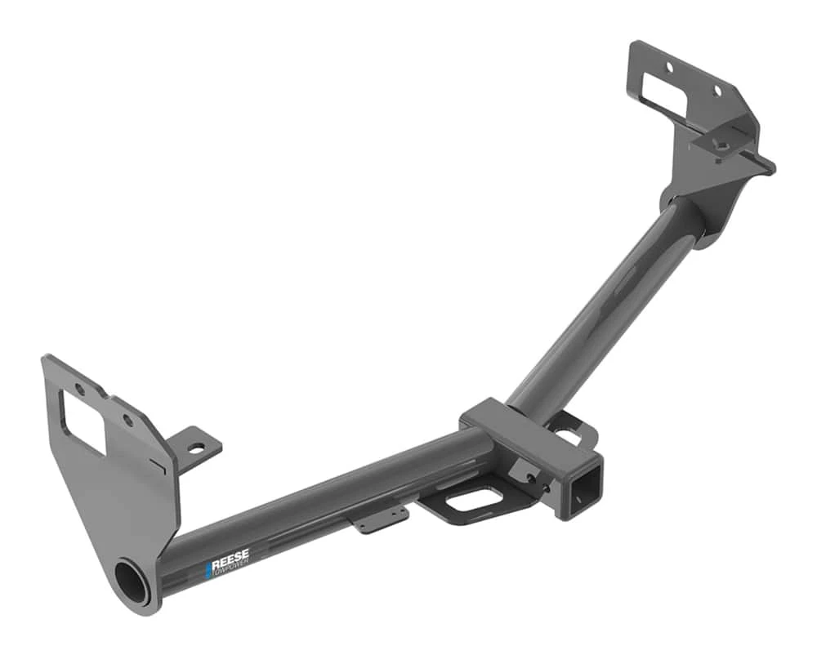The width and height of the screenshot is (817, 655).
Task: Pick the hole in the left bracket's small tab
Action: (197, 448)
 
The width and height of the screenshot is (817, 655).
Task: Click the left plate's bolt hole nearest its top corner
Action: (79, 390)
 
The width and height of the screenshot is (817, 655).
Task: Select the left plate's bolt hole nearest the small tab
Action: (127, 421)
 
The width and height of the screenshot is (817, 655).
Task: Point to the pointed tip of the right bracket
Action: (770, 167)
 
